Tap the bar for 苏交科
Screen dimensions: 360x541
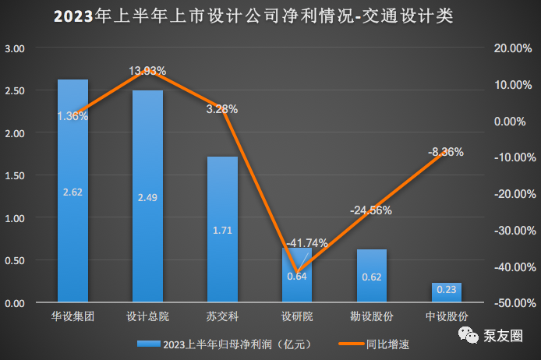tap(222, 229)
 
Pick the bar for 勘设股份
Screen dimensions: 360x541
tap(371, 276)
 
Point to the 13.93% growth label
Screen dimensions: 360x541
tap(147, 71)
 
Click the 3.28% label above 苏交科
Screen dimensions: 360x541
tap(222, 109)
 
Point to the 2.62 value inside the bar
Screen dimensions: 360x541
tap(72, 192)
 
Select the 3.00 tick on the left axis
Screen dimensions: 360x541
tap(16, 48)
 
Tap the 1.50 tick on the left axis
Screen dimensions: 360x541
tap(16, 175)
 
